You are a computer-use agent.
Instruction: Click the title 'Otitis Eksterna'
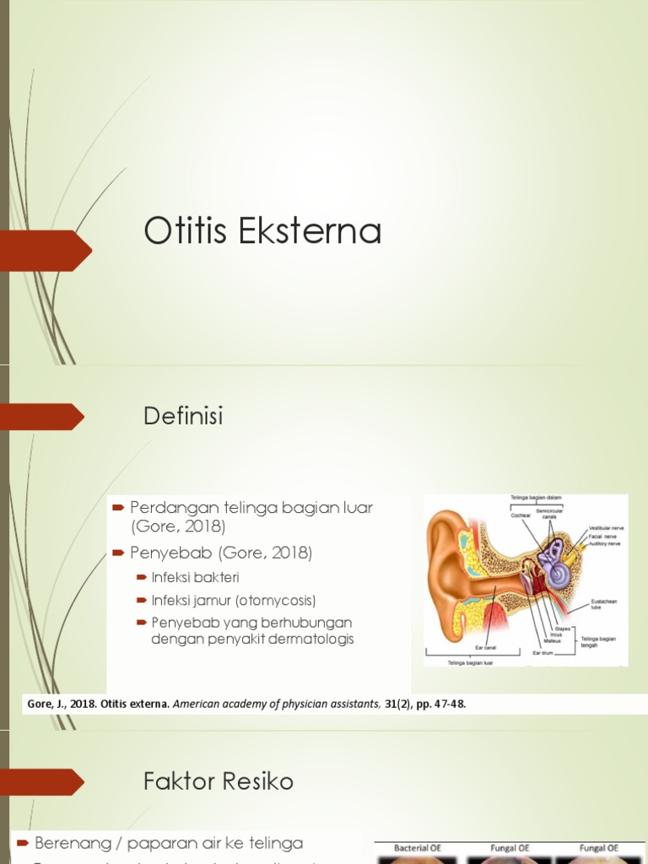[x=262, y=231]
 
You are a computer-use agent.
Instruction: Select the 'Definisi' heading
[x=183, y=416]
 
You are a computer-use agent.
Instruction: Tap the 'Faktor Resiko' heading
[x=219, y=781]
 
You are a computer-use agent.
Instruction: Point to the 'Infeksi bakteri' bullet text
[x=196, y=578]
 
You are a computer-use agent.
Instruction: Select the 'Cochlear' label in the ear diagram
[x=521, y=515]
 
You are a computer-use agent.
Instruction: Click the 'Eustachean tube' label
[x=604, y=604]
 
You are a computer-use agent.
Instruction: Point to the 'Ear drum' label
[x=542, y=652]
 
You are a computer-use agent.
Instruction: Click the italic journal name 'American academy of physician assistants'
[x=276, y=704]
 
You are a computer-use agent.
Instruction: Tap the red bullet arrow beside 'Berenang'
[x=23, y=843]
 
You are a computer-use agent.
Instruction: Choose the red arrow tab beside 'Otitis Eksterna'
[x=46, y=250]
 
